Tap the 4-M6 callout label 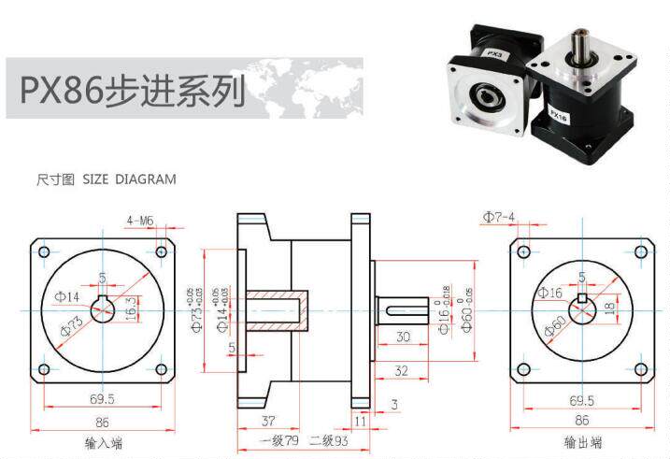point(140,221)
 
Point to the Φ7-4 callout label point(499,218)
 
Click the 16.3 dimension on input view point(130,306)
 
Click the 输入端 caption point(104,443)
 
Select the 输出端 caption point(582,443)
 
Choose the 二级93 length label point(328,440)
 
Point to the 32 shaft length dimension point(401,370)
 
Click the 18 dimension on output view point(608,308)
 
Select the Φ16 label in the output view point(550,294)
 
